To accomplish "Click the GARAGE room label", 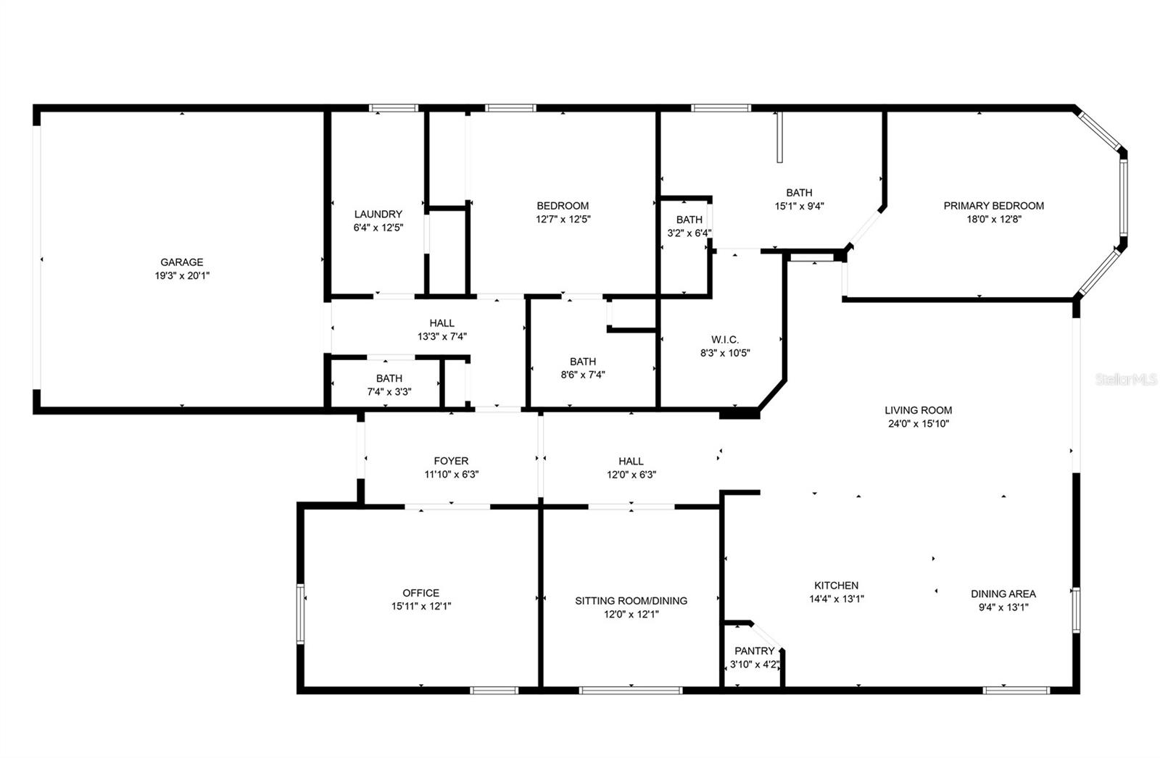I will [182, 262].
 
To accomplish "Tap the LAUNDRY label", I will [378, 214].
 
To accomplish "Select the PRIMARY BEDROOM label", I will [993, 206].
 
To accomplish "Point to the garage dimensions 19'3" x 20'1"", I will [182, 275].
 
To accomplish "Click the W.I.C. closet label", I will [725, 340].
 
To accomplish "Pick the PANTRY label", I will [754, 651].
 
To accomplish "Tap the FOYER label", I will [451, 461].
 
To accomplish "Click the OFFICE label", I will [421, 593].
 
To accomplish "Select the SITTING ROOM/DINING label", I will [631, 601].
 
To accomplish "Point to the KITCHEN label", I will [836, 586].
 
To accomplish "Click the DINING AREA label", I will [1003, 594].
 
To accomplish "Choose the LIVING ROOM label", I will [918, 410].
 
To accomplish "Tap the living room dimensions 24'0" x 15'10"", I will [918, 424].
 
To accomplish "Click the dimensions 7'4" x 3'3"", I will [389, 392].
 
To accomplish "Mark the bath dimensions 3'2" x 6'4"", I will [689, 233].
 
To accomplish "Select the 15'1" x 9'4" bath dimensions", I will [799, 206].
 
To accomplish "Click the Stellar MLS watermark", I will [1125, 379].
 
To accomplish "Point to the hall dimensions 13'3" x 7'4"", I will [442, 336].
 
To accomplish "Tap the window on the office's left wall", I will [300, 614].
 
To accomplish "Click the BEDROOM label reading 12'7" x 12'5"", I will [563, 206].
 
